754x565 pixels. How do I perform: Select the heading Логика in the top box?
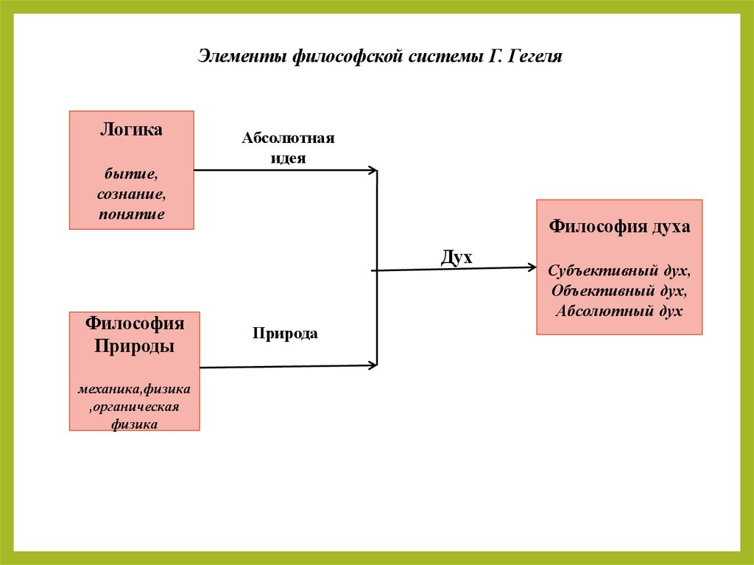(x=131, y=130)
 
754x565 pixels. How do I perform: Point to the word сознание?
(x=131, y=195)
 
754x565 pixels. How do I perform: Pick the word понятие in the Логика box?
(x=131, y=214)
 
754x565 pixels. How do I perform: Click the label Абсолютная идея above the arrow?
(x=288, y=147)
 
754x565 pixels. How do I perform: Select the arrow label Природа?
(x=285, y=333)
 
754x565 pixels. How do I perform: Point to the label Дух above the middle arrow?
(x=456, y=257)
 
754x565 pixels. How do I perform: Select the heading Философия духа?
(x=619, y=227)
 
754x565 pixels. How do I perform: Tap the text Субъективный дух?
(x=619, y=271)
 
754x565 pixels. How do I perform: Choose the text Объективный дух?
(x=619, y=291)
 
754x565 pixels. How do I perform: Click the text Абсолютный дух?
(x=619, y=311)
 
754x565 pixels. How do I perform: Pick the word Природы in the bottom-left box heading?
(x=135, y=346)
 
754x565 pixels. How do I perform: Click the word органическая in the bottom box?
(x=137, y=406)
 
